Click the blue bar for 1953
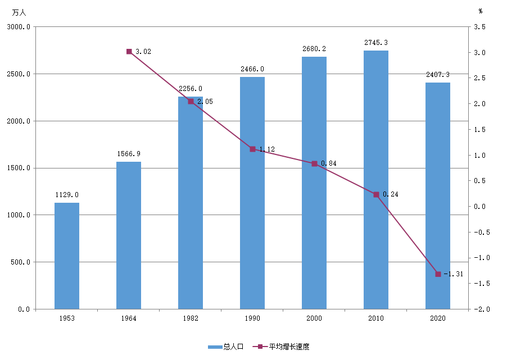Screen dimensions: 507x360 pyautogui.click(x=67, y=256)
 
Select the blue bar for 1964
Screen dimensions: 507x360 pyautogui.click(x=129, y=235)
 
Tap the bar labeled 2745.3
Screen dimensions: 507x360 pyautogui.click(x=376, y=180)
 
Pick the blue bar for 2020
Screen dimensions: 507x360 pyautogui.click(x=438, y=196)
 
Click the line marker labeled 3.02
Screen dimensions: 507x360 pyautogui.click(x=129, y=51)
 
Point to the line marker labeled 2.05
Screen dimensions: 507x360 pyautogui.click(x=191, y=102)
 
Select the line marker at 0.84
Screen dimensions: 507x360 pyautogui.click(x=314, y=164)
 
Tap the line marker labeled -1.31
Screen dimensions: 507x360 pyautogui.click(x=438, y=274)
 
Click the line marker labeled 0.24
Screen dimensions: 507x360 pyautogui.click(x=377, y=194)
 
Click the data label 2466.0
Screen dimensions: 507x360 pyautogui.click(x=252, y=69)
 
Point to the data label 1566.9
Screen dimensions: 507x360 pyautogui.click(x=129, y=154)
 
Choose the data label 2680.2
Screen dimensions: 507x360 pyautogui.click(x=314, y=49)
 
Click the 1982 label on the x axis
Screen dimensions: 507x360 pyautogui.click(x=191, y=318)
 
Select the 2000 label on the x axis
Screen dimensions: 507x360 pyautogui.click(x=314, y=318)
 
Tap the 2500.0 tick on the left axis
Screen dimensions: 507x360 pyautogui.click(x=19, y=74)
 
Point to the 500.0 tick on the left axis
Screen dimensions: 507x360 pyautogui.click(x=21, y=262)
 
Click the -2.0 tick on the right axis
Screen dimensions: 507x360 pyautogui.click(x=482, y=309)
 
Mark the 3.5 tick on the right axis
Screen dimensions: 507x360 pyautogui.click(x=480, y=27)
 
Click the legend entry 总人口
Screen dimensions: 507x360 pyautogui.click(x=226, y=347)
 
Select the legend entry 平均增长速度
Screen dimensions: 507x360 pyautogui.click(x=281, y=347)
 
